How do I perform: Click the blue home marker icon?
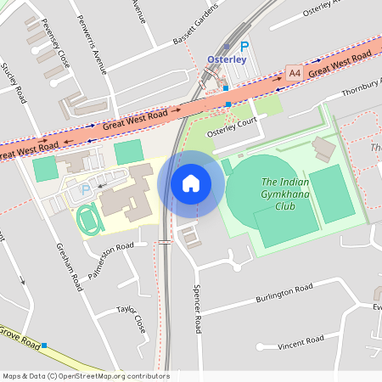coord(191,183)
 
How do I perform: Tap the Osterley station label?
coord(226,59)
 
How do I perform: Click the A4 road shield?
coord(295,74)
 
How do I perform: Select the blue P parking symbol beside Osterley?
coord(244,48)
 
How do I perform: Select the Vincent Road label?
coord(301,340)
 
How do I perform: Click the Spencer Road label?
coord(197,308)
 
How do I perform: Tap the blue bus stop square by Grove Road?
coord(44,345)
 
